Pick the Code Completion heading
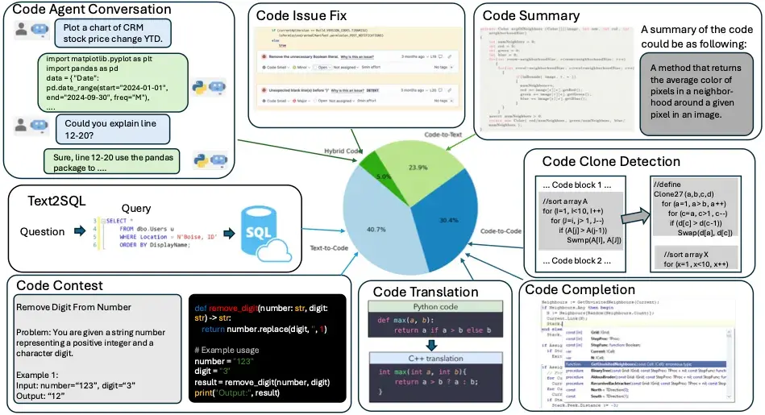click(579, 289)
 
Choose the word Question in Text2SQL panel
click(43, 232)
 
